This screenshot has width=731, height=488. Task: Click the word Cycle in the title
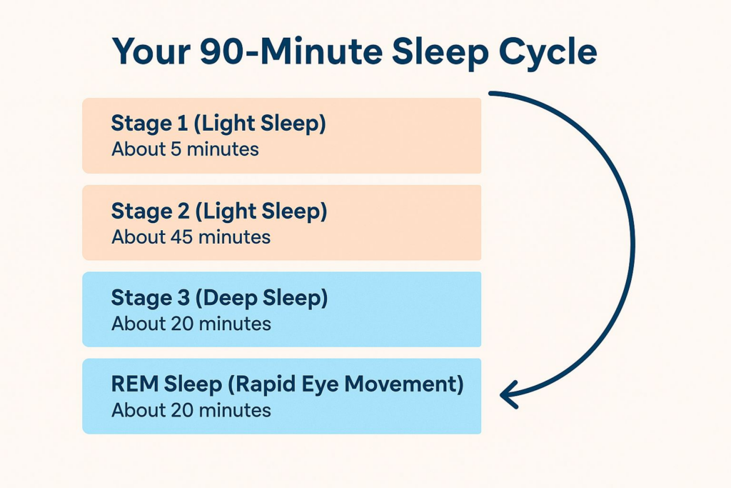(x=548, y=52)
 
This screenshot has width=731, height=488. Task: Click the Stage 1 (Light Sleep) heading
(x=218, y=124)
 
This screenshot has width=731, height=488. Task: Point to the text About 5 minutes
(x=185, y=149)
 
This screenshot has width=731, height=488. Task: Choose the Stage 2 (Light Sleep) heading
(x=219, y=211)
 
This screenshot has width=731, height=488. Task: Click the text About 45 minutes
(x=191, y=237)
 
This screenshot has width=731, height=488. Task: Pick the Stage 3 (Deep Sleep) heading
(x=220, y=298)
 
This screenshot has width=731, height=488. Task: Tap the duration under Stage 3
(x=191, y=324)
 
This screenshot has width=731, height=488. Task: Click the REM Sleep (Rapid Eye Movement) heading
(x=288, y=384)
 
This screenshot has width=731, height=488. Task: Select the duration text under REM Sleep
(x=191, y=411)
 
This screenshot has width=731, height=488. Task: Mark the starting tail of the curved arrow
(x=490, y=94)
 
